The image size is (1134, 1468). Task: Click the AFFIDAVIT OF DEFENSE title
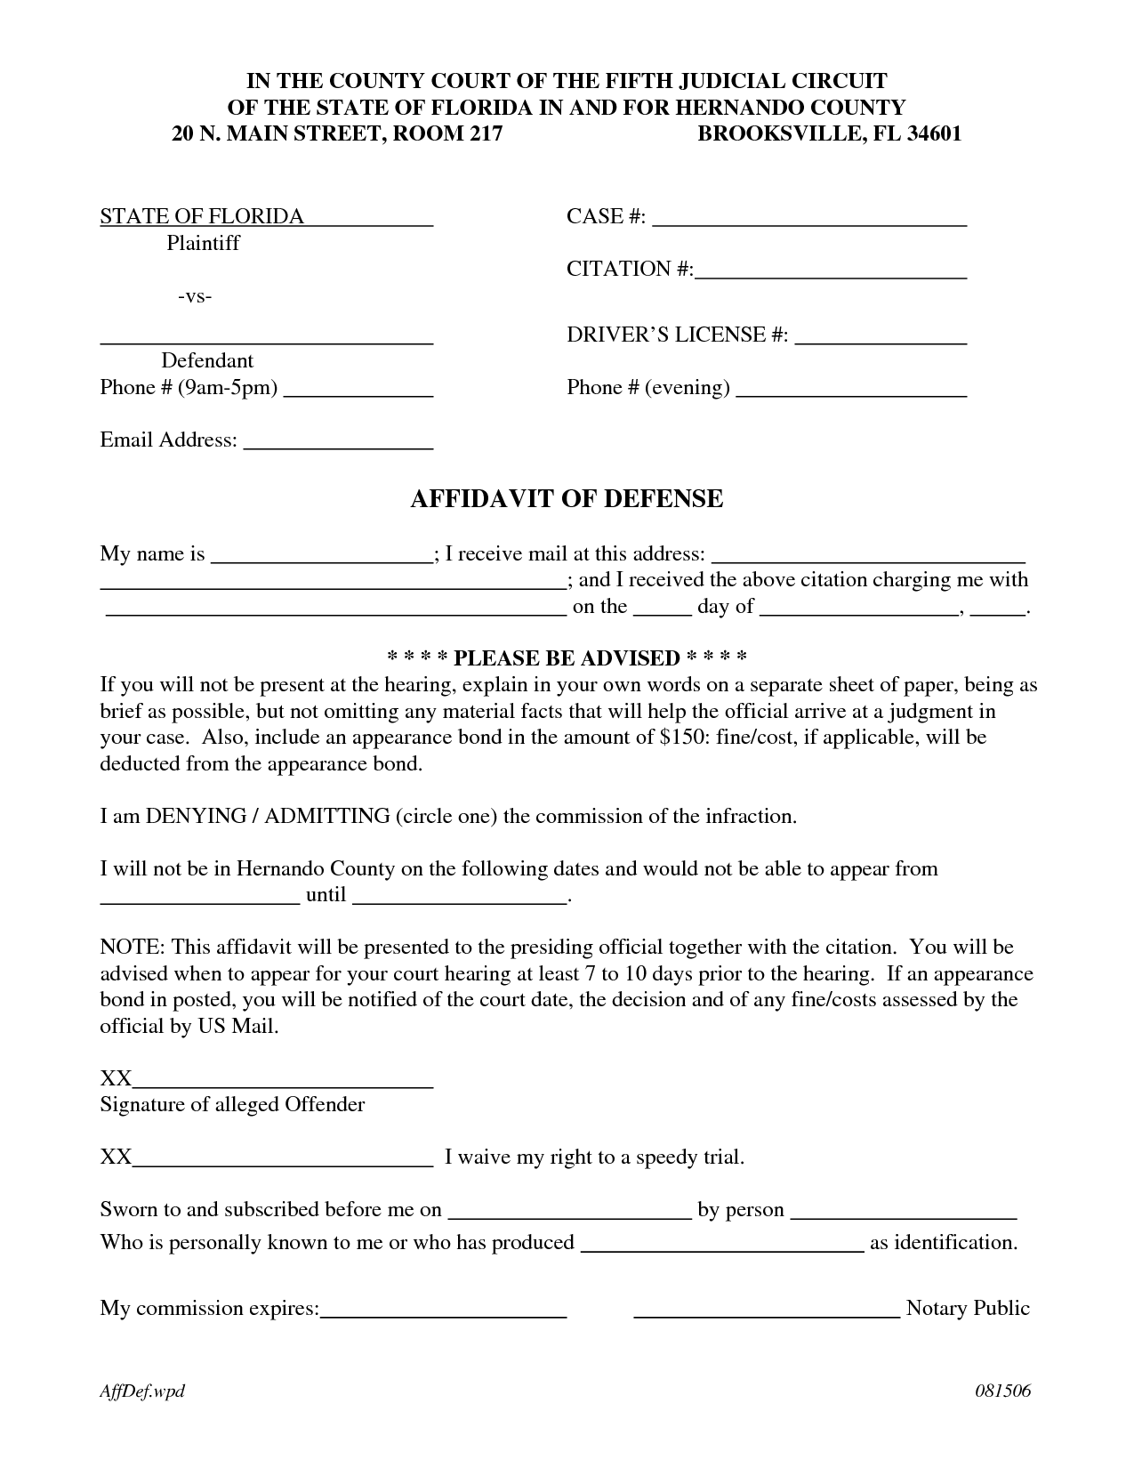(x=567, y=499)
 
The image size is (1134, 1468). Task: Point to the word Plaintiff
(x=203, y=243)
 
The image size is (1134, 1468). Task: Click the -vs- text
(x=194, y=296)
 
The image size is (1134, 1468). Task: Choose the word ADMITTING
(x=327, y=816)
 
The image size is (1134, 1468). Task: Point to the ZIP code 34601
(x=933, y=134)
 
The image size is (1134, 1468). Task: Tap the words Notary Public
(x=968, y=1308)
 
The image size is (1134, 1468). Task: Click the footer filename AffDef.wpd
(x=142, y=1391)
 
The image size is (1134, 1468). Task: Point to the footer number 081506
(x=1001, y=1391)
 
